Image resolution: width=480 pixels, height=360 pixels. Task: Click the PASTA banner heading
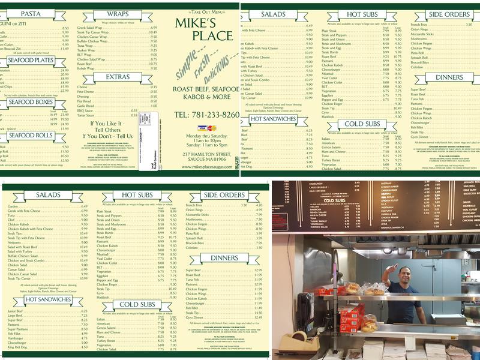coord(29,14)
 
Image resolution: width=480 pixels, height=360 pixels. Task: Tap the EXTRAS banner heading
coord(117,77)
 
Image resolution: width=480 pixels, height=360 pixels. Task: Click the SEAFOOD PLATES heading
coord(29,60)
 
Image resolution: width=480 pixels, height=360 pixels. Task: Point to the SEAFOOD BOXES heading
coord(29,102)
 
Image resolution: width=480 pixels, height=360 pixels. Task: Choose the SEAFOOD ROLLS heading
coord(29,136)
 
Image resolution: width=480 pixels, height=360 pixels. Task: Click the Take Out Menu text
coord(206,11)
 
